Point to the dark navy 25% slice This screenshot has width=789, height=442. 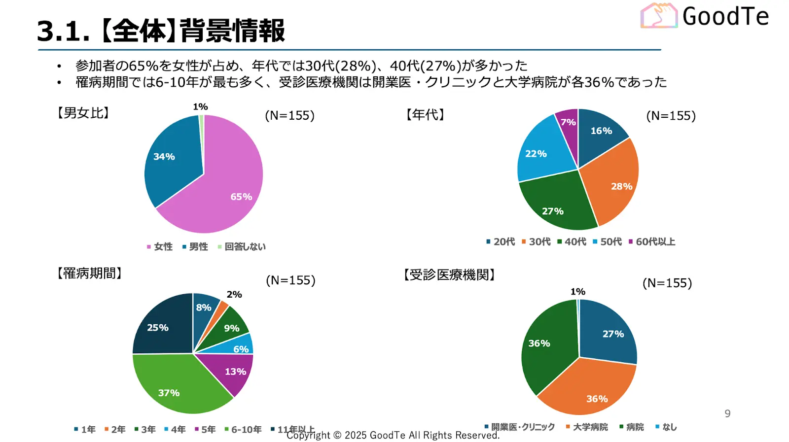[160, 328]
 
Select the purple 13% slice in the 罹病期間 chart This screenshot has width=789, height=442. [232, 372]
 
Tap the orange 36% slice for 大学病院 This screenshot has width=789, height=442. [592, 392]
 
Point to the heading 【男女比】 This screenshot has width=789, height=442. [83, 113]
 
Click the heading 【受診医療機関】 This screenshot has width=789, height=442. [449, 274]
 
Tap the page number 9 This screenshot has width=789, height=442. [727, 413]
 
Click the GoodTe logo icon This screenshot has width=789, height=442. [659, 16]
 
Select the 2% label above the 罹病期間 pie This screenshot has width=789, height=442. [234, 294]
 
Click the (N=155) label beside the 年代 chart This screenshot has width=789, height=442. [671, 115]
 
